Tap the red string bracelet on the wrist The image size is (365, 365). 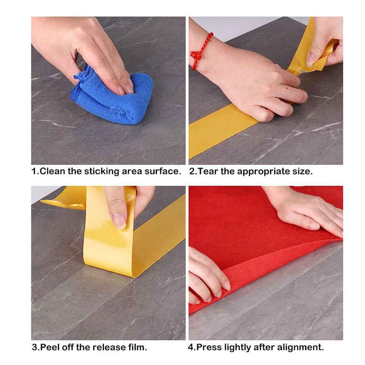click(201, 52)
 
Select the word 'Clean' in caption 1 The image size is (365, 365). click(52, 172)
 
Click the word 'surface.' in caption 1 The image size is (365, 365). click(163, 172)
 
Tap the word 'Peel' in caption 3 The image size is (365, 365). click(50, 347)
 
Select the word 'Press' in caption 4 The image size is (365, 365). click(209, 347)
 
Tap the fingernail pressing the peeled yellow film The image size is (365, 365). click(119, 221)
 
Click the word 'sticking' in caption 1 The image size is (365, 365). click(101, 172)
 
